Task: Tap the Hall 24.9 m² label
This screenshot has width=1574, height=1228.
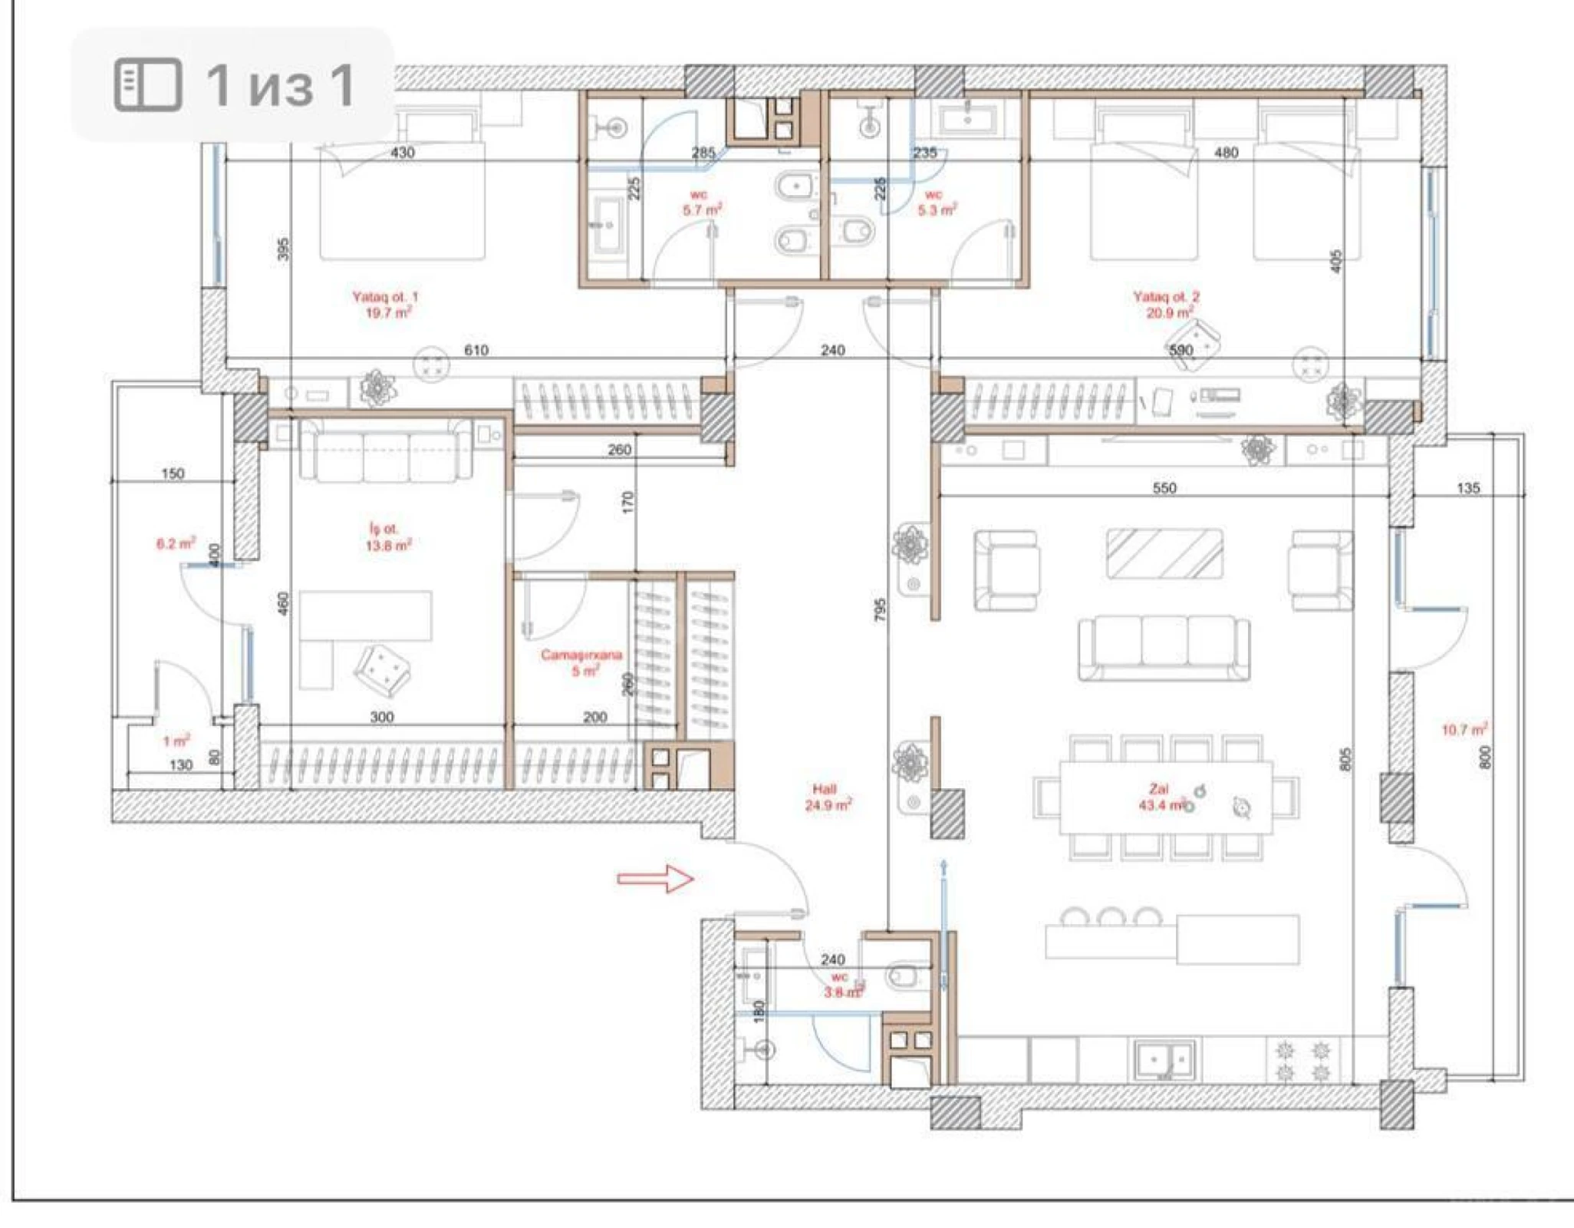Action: pos(827,797)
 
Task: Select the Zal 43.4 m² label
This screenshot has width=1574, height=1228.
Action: pos(1161,797)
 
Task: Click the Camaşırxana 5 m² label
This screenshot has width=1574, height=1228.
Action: pos(581,662)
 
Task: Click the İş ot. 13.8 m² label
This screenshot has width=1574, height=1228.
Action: pos(387,537)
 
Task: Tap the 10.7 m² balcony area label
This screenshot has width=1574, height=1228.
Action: pos(1464,729)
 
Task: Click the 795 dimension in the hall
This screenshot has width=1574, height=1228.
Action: pos(880,609)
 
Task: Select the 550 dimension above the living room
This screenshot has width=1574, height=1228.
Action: pos(1164,488)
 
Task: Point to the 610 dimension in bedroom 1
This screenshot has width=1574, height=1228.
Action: pos(476,350)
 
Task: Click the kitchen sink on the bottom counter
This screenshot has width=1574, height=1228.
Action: pos(1164,1060)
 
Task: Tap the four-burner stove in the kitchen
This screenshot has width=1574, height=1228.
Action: pos(1302,1060)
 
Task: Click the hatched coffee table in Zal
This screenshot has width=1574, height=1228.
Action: pos(1164,553)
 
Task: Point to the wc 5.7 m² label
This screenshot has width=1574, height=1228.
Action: pos(701,203)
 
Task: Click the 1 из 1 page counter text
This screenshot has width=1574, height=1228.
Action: pos(280,84)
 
